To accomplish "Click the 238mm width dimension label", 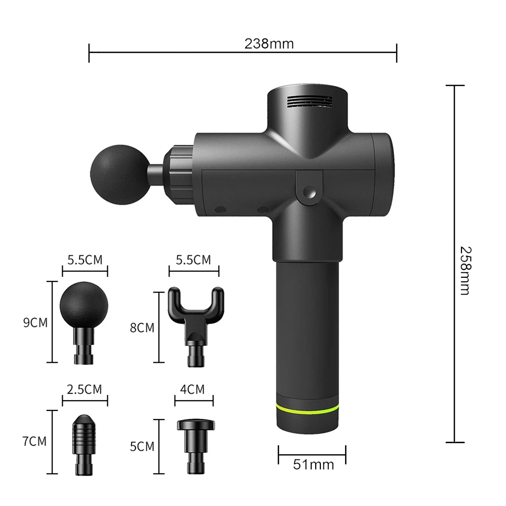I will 269,44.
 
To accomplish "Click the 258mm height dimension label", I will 465,270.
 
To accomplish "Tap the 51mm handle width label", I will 314,465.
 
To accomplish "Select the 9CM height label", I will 35,322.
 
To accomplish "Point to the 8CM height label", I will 142,327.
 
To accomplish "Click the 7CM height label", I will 34,441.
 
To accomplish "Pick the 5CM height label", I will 142,447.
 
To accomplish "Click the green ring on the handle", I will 308,408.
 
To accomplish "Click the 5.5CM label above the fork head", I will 193,260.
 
